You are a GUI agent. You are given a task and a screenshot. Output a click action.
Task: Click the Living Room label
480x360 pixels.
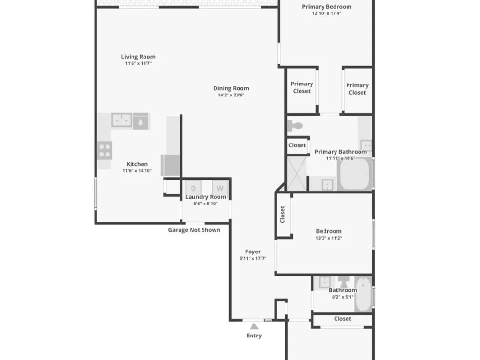click(138, 57)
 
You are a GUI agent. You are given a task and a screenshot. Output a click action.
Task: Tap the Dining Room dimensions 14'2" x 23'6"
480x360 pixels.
click(231, 95)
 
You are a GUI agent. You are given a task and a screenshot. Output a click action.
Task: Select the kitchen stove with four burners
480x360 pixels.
click(105, 150)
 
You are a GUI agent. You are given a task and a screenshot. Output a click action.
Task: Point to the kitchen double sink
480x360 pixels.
click(122, 120)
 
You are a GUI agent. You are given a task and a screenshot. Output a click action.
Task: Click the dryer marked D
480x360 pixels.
click(193, 188)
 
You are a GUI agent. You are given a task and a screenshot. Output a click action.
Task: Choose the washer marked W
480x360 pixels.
click(220, 188)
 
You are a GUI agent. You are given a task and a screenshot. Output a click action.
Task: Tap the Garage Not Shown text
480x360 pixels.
click(194, 230)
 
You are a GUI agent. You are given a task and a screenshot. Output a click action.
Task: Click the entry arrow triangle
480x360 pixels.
click(254, 326)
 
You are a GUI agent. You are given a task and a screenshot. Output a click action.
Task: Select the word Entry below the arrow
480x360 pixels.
click(254, 336)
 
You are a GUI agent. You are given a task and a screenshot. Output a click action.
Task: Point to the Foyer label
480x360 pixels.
click(253, 252)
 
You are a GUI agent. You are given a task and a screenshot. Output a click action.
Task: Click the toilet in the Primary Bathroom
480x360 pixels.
click(295, 125)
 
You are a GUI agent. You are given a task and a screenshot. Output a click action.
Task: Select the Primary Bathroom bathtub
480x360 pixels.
click(355, 174)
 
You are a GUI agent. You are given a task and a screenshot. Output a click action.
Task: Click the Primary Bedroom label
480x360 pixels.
click(326, 6)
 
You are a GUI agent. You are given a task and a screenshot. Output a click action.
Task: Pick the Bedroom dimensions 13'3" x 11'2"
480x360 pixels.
click(329, 238)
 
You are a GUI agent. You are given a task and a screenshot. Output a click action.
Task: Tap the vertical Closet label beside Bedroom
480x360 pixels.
click(283, 214)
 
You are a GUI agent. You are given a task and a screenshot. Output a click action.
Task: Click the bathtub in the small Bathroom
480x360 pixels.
click(364, 294)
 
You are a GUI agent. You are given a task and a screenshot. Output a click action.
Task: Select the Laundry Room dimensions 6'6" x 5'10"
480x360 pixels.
click(205, 204)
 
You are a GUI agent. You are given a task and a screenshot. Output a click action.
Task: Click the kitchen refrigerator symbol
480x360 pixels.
click(170, 165)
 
